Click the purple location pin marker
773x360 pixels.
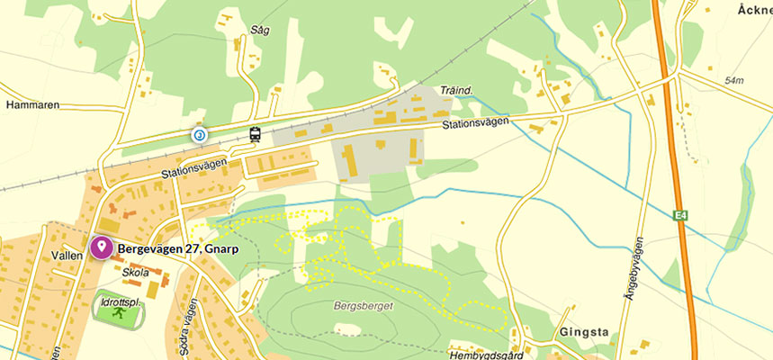(101, 247)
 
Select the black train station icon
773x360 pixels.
(256, 135)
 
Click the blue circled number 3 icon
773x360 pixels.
(199, 135)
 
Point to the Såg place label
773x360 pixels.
(262, 30)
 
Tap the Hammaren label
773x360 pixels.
(32, 104)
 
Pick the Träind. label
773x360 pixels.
(457, 90)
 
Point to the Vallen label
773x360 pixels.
(67, 255)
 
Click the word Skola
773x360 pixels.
(134, 273)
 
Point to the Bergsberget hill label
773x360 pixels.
(358, 305)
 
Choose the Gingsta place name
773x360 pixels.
(583, 332)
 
